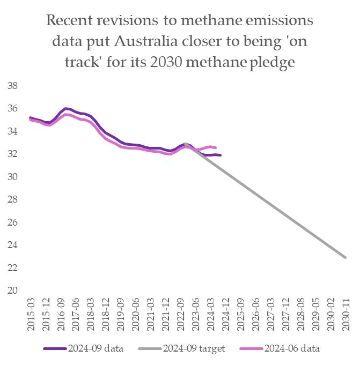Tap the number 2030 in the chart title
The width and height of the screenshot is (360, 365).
pyautogui.click(x=180, y=62)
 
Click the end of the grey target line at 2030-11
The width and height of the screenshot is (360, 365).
pyautogui.click(x=346, y=257)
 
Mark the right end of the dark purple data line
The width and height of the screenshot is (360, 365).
pyautogui.click(x=221, y=155)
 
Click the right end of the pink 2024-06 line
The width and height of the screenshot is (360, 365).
pyautogui.click(x=216, y=147)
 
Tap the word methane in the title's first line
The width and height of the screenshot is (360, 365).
pyautogui.click(x=204, y=21)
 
